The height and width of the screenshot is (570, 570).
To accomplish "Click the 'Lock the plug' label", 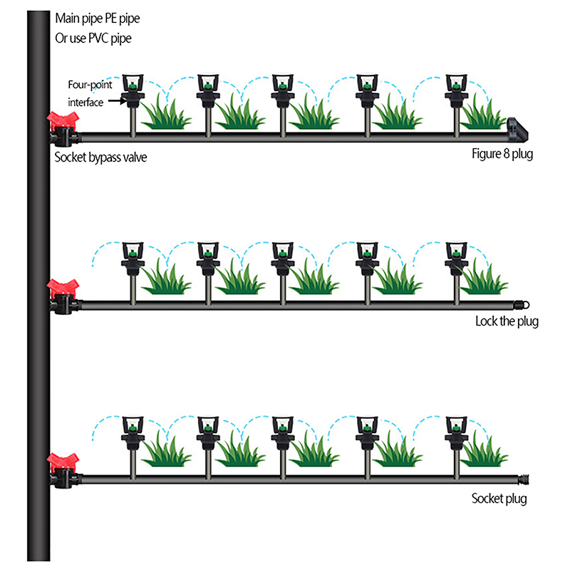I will [x=507, y=321].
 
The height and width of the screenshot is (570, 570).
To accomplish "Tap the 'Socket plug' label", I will [x=499, y=499].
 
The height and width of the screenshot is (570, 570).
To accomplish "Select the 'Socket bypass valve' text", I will [x=100, y=157].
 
